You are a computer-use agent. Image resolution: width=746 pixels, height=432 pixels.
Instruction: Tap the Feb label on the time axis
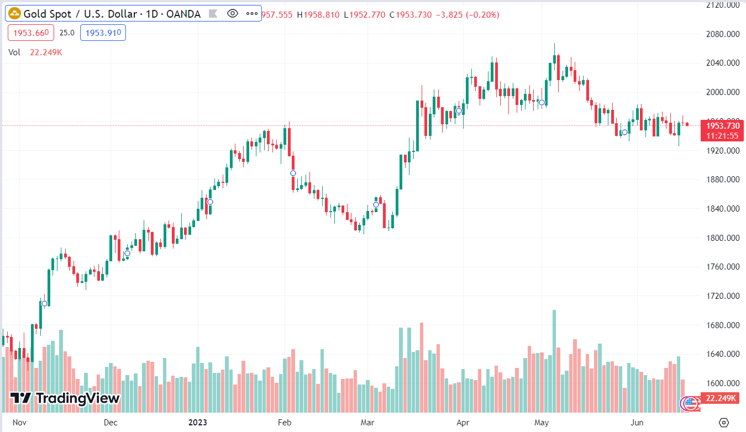tap(284, 423)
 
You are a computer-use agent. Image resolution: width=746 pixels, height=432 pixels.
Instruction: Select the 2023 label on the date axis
tap(198, 423)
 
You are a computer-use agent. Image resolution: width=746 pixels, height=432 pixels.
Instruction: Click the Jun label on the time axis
tap(637, 423)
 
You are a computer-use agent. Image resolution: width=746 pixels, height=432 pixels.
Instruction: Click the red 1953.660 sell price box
tap(31, 33)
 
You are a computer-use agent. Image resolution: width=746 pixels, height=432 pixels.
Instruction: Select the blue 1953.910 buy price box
tap(103, 33)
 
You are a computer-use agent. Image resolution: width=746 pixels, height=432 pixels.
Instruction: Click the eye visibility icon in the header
tap(233, 14)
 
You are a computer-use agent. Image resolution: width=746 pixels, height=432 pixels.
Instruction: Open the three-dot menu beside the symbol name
tap(252, 14)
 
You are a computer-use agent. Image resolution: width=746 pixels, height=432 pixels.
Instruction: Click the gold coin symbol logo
tap(14, 14)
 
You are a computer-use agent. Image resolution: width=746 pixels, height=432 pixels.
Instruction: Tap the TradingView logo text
tap(65, 398)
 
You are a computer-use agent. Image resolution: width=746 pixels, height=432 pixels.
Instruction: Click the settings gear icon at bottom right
tap(723, 423)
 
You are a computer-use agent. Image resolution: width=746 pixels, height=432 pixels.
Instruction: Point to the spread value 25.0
tap(67, 33)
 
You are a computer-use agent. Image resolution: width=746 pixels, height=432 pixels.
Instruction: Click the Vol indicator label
tap(14, 52)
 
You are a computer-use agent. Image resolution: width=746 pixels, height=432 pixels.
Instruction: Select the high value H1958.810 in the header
tap(318, 15)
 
